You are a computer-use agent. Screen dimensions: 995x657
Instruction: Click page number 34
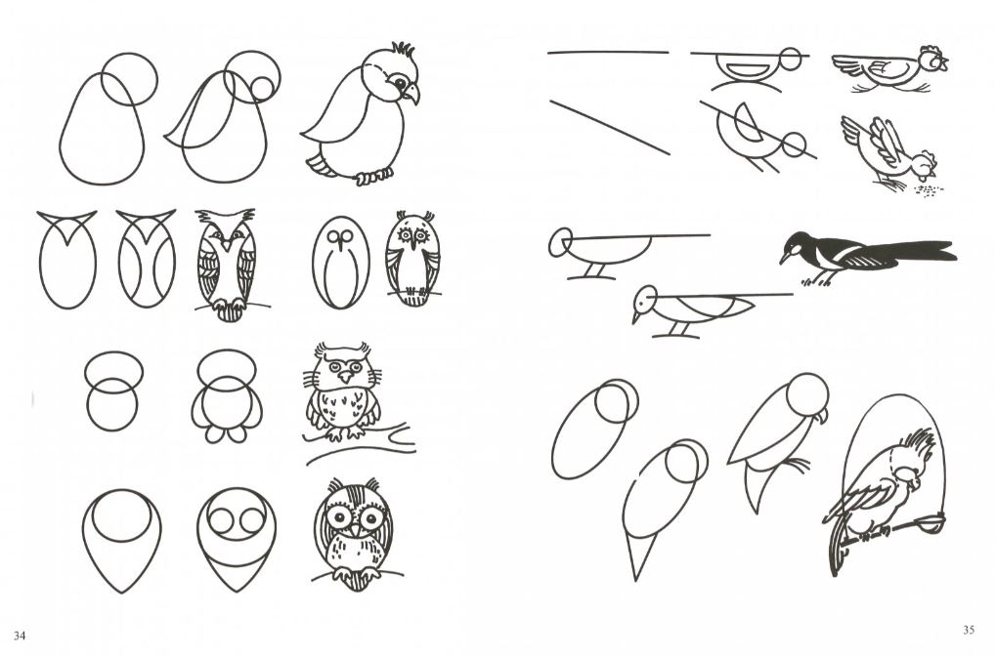coord(20,636)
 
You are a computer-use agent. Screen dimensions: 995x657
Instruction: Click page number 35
coord(969,630)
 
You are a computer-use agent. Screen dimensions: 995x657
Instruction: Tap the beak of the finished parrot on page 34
coord(411,93)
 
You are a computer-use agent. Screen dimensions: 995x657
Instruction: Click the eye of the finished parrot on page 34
coord(400,82)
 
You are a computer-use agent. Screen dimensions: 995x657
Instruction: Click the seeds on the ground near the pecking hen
coord(928,189)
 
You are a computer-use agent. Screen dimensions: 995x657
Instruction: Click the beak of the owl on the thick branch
coord(345,377)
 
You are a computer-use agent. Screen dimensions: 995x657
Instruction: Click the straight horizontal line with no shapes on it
coord(608,53)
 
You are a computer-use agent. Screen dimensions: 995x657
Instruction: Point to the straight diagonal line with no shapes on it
coord(609,127)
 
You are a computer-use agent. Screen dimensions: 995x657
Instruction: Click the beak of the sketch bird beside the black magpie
coord(635,316)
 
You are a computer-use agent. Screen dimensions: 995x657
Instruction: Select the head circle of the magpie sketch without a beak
coord(560,243)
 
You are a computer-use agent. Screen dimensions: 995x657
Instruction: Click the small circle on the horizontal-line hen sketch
coord(791,59)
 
